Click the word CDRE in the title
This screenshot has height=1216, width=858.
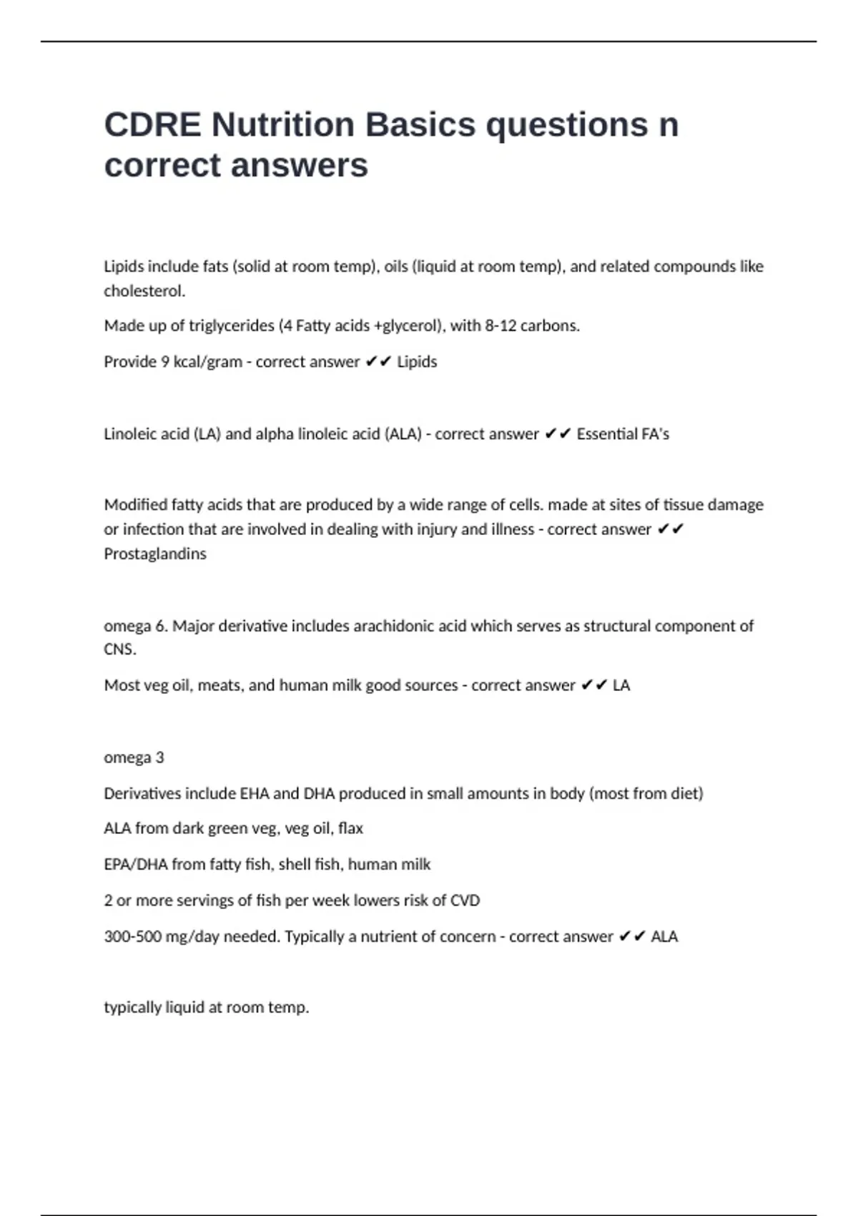click(152, 125)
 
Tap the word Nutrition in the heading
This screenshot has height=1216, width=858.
click(283, 125)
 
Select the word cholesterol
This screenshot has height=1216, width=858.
click(144, 291)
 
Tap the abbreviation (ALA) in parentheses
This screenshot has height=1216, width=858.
click(403, 434)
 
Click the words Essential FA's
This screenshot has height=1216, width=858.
click(623, 434)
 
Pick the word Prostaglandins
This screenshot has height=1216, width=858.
click(155, 554)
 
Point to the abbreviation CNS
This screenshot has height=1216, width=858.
click(119, 649)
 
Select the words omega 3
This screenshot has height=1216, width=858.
click(134, 757)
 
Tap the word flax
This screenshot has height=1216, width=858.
click(350, 828)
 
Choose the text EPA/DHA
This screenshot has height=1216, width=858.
click(135, 865)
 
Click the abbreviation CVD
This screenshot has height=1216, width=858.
click(465, 901)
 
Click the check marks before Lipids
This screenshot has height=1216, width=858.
click(378, 362)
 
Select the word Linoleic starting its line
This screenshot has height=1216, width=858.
click(132, 434)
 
